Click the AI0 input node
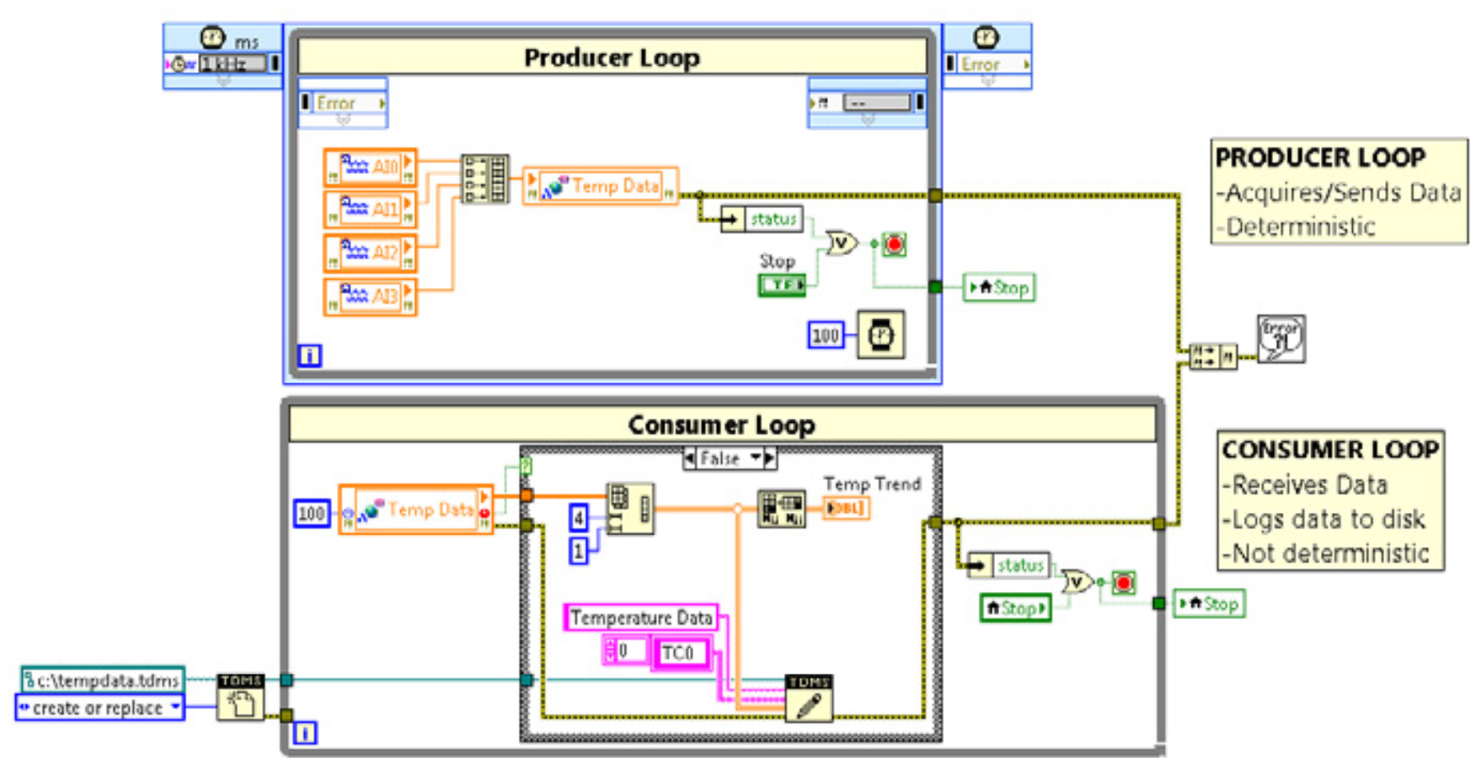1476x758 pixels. click(x=371, y=167)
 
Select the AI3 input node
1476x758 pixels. click(x=371, y=296)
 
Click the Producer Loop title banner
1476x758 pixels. click(x=612, y=57)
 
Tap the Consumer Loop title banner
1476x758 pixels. click(x=721, y=424)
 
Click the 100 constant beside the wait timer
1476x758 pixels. click(x=825, y=335)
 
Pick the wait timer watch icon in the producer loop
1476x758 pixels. click(x=881, y=335)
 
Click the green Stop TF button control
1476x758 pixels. click(x=782, y=286)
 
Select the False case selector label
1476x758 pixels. click(x=721, y=459)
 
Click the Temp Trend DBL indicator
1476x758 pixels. click(x=845, y=509)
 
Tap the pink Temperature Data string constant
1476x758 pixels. click(x=640, y=618)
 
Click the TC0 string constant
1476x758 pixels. click(x=678, y=653)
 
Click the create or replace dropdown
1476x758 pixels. click(x=99, y=707)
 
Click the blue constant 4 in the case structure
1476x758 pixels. click(x=579, y=517)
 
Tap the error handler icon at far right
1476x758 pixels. click(x=1281, y=339)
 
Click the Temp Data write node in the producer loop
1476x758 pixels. click(x=601, y=186)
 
